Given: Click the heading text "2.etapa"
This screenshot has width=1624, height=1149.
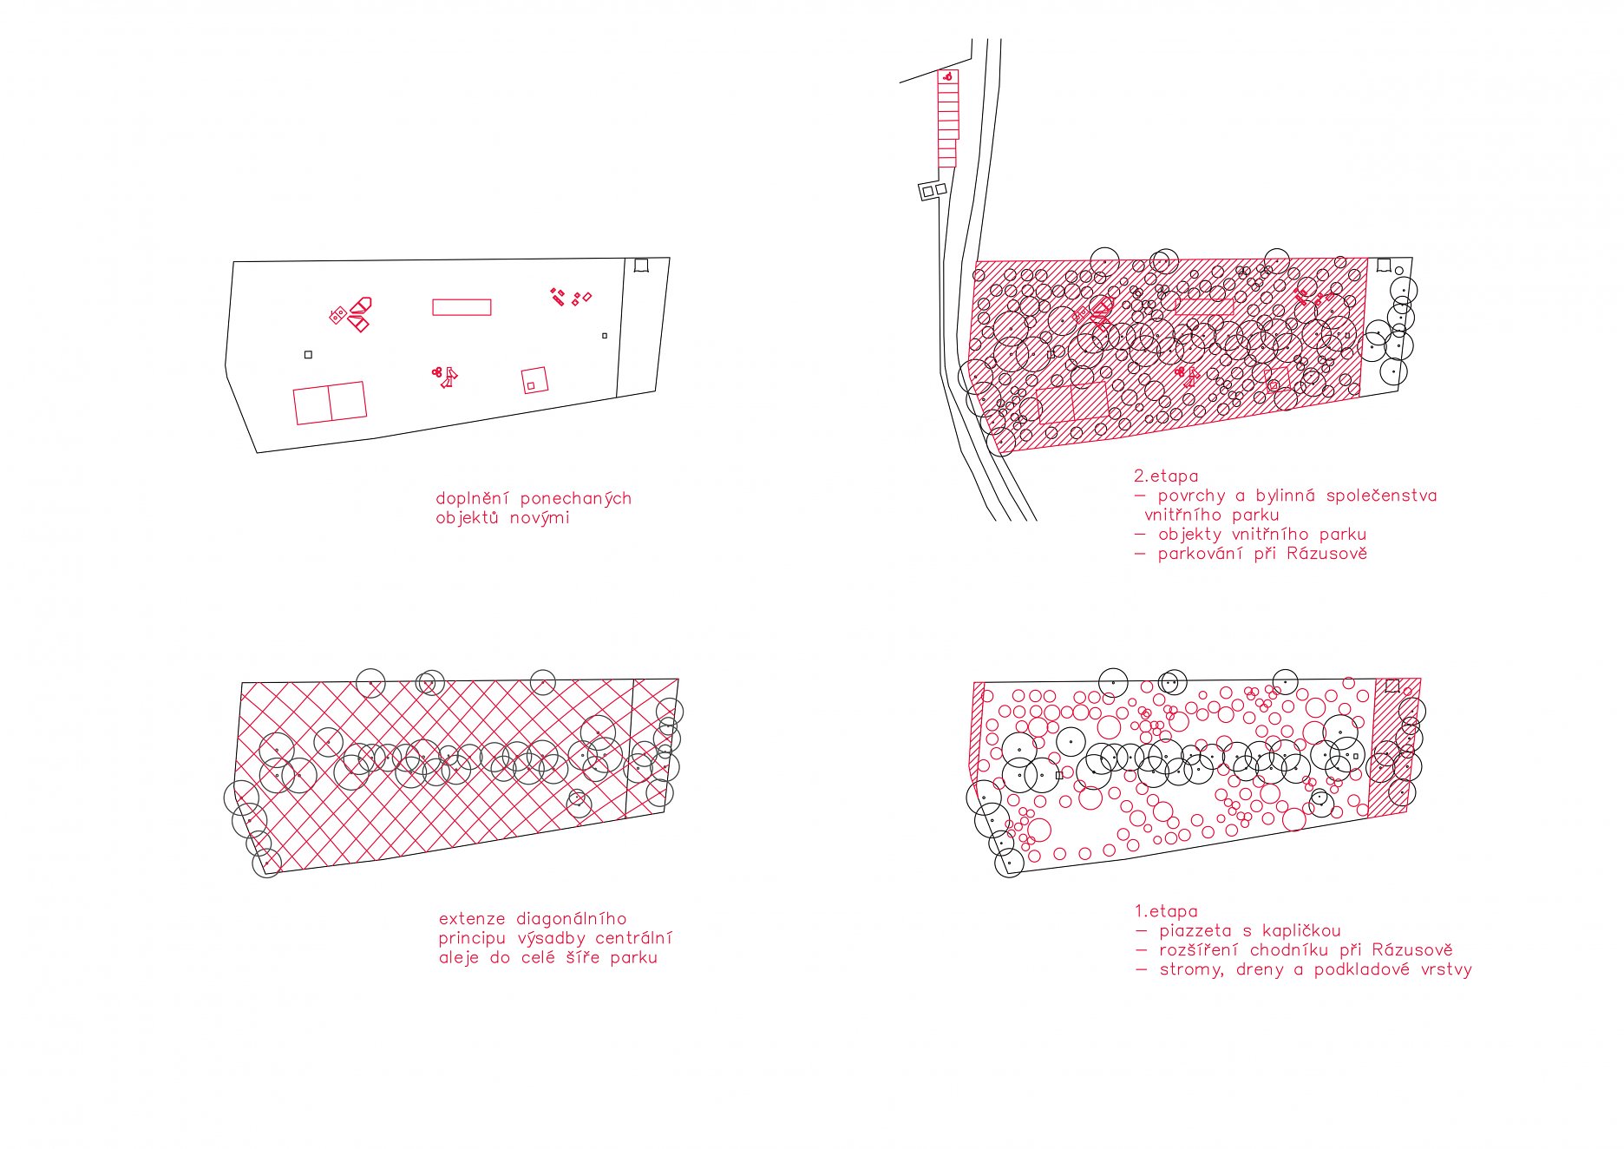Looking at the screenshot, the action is point(1165,476).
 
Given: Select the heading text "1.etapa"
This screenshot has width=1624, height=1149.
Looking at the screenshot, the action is point(1165,911).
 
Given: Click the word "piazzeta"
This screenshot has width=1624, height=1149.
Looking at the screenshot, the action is point(1195,931).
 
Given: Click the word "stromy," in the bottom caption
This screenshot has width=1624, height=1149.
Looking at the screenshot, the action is point(1191,970).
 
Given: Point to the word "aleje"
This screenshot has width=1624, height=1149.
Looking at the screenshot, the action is point(461,958).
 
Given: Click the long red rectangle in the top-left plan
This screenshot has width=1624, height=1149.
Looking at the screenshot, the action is point(462,307).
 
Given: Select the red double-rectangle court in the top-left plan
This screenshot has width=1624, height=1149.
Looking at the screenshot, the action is point(330,404).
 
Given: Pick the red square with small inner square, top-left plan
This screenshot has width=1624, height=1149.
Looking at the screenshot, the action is point(535,380).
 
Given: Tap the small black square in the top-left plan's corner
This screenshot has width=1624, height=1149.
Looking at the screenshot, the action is point(641,265).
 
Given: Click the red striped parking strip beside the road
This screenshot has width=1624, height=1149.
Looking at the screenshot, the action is point(948,119).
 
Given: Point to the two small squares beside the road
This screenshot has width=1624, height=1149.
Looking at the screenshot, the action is point(933,190).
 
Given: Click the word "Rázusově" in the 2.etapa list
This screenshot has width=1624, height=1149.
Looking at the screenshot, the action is point(1326,554).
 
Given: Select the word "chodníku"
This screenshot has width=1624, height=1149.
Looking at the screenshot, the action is point(1288,950).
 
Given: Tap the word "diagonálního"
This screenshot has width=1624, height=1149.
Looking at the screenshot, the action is point(571,918).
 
